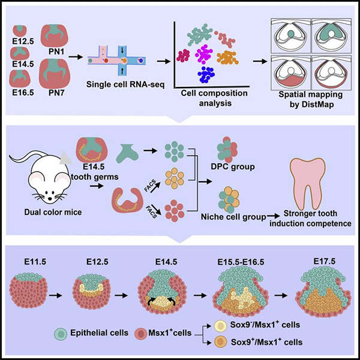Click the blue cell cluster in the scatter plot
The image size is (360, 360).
206,75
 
